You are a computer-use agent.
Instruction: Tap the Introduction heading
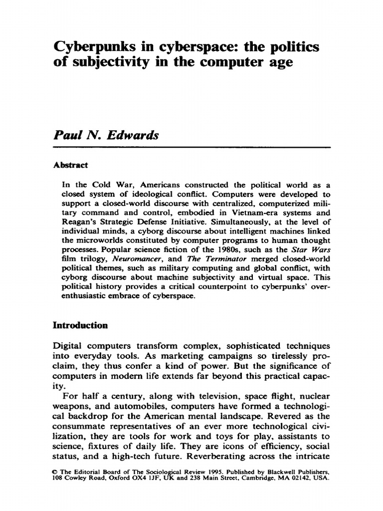(x=80, y=325)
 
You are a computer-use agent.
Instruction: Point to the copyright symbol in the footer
(x=55, y=471)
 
